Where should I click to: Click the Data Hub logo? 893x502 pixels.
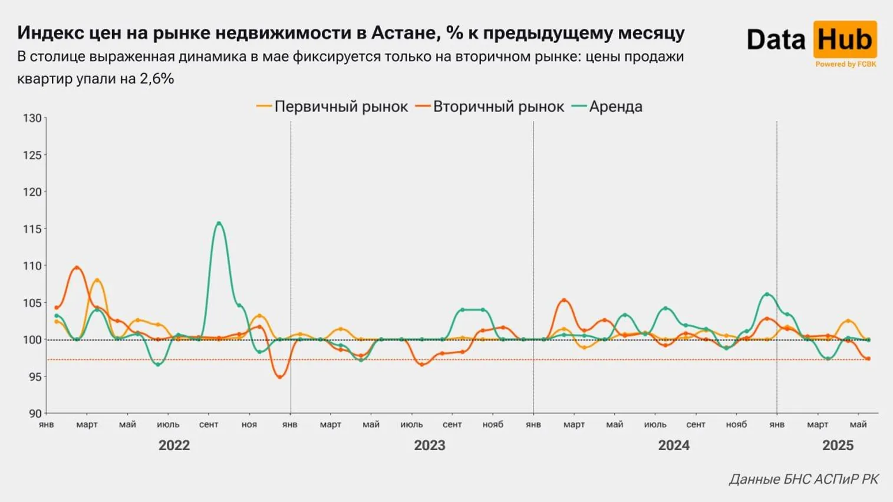(x=811, y=40)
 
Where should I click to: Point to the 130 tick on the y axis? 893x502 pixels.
(x=32, y=118)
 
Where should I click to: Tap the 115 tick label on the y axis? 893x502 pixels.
(x=32, y=229)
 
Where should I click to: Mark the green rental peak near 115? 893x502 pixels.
(x=219, y=223)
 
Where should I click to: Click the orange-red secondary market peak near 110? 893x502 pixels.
(x=77, y=268)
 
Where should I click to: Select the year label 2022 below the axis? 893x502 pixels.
(x=174, y=445)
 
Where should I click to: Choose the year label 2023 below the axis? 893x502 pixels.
(x=429, y=445)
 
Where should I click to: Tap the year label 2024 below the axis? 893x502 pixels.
(x=673, y=445)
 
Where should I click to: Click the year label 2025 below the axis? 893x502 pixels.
(x=838, y=445)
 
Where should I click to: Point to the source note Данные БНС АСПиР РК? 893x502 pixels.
(x=803, y=480)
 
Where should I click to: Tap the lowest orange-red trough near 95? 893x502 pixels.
(x=279, y=376)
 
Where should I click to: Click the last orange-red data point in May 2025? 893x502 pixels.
(x=868, y=359)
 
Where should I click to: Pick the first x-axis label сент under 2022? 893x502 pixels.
(x=209, y=425)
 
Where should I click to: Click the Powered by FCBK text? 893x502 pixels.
(x=845, y=64)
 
